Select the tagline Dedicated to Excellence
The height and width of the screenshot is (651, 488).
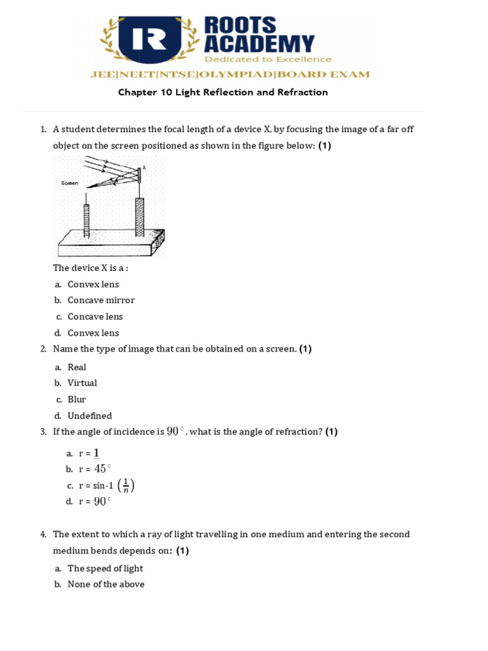pos(268,59)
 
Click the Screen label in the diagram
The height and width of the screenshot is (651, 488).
pos(69,183)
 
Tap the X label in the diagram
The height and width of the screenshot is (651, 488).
pos(144,167)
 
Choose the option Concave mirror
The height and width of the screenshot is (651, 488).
pos(101,300)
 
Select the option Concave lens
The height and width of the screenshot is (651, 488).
pos(95,317)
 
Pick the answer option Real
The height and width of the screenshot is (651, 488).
pos(77,367)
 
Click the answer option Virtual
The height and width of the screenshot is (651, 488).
pos(82,383)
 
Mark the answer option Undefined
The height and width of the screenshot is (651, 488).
pos(90,416)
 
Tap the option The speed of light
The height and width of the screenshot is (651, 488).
pos(105,568)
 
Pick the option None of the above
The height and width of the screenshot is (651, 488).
pos(106,584)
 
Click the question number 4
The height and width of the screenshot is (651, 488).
pos(43,534)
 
